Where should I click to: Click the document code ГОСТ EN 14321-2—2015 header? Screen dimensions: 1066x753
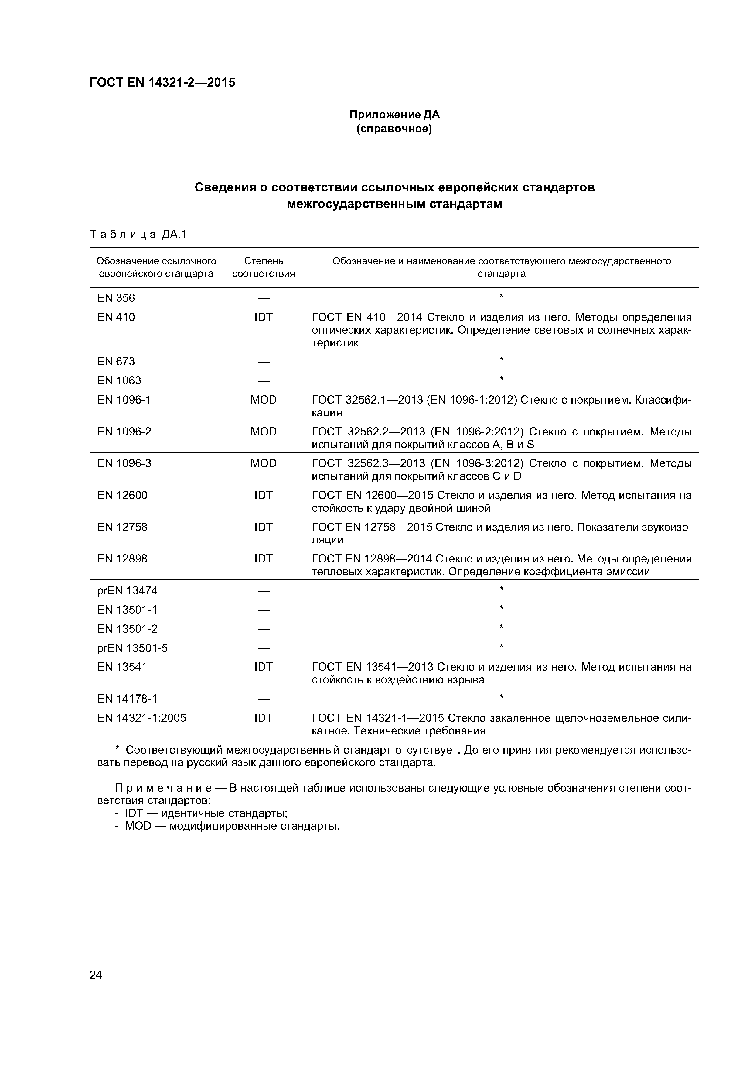(x=162, y=83)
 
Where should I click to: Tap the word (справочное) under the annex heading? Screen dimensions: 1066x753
(x=394, y=129)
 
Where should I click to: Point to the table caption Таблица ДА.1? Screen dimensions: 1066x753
(x=138, y=235)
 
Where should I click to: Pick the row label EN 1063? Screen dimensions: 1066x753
(x=119, y=381)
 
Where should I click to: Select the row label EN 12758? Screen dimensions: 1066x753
(x=122, y=527)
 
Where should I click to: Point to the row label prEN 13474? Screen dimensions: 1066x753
(x=127, y=590)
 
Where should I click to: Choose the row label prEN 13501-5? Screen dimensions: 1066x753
(x=132, y=648)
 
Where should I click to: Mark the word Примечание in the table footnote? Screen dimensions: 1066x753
(x=163, y=788)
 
